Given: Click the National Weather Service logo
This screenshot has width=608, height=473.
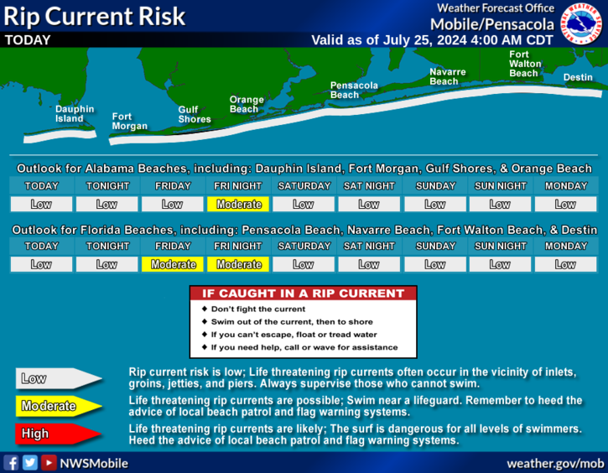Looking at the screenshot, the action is pos(581,23).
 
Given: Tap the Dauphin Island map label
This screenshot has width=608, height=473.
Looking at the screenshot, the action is pos(75,114).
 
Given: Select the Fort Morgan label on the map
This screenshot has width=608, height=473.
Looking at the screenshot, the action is pos(129,122).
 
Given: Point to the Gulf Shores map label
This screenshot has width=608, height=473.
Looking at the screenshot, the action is pos(195,114).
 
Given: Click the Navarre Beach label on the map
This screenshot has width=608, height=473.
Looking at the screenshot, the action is pos(448,77).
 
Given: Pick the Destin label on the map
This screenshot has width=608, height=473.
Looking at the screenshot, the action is pos(578,77).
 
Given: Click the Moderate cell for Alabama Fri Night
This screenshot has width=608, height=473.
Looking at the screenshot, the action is pos(238,204).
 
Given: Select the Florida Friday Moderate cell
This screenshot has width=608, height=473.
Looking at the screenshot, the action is pos(173,264).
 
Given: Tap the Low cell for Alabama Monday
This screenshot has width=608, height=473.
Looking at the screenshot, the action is pos(565,204).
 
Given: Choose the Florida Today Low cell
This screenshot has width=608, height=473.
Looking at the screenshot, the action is pos(41,264).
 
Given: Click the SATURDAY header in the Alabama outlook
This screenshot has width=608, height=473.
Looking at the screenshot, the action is pos(304,186).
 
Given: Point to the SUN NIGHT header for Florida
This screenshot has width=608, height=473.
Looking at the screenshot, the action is pos(500,247).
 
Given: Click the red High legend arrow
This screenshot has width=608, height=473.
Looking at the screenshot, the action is pos(59,434).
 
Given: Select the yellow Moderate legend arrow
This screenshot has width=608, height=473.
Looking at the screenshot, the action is pos(59,406).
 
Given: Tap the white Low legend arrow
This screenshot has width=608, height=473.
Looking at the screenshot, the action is pos(59,378).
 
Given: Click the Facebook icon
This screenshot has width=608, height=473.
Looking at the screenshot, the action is pos(11,463).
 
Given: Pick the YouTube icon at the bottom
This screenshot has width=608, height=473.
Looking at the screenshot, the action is pos(49,463).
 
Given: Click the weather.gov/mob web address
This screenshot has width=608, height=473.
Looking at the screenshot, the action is pos(555,463).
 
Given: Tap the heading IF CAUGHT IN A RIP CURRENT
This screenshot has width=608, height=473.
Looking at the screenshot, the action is pos(304,294).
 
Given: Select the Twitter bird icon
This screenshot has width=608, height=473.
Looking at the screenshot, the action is pos(30,463).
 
